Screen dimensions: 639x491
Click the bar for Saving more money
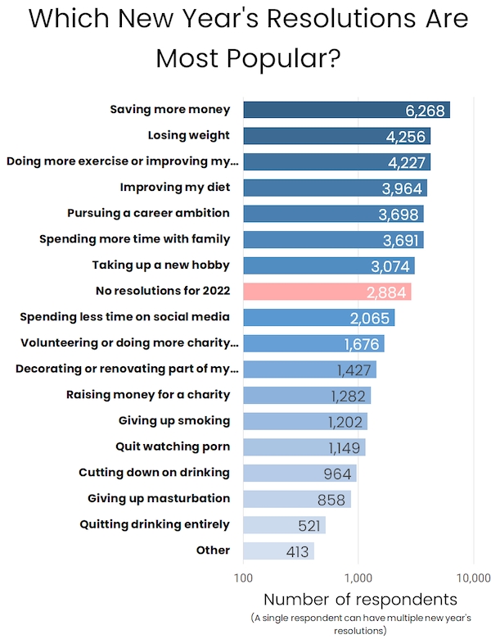(x=346, y=110)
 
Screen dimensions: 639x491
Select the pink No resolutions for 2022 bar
(x=327, y=292)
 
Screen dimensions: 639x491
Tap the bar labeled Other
(x=278, y=551)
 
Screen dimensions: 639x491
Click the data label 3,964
(x=402, y=188)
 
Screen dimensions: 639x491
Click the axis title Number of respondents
(x=360, y=599)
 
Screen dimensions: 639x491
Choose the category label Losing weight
(x=189, y=135)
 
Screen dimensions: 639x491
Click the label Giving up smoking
(x=174, y=421)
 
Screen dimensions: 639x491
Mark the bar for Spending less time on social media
(x=318, y=318)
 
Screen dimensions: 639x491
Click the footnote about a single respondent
(x=360, y=623)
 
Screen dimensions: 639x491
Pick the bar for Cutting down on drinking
(x=300, y=474)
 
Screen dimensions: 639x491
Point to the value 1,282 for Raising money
(x=348, y=396)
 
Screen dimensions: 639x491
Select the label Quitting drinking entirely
(x=155, y=524)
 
